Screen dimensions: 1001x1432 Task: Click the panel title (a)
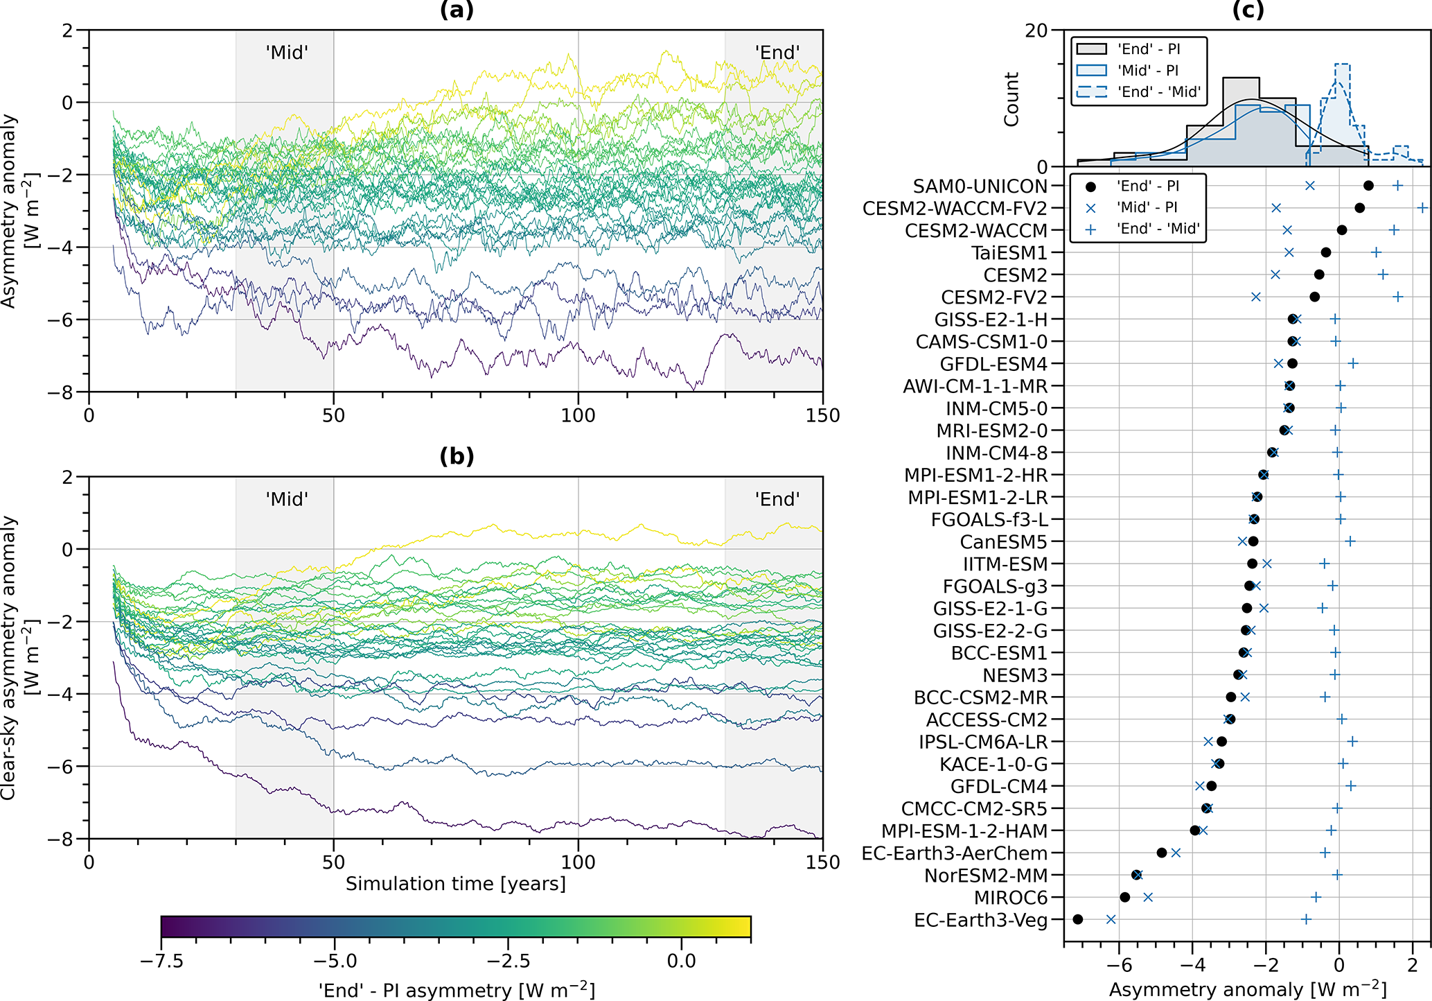click(457, 10)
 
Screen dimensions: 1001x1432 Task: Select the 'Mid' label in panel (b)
click(287, 499)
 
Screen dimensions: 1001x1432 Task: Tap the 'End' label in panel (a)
click(777, 53)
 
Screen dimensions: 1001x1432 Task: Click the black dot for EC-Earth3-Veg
click(1077, 919)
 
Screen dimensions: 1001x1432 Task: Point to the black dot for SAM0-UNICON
click(1368, 186)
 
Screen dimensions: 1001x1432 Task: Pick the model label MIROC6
click(1011, 898)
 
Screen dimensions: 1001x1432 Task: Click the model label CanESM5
click(1003, 541)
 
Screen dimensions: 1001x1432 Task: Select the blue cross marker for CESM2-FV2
click(1256, 297)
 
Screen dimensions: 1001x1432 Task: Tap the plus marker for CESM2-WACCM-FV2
click(1422, 208)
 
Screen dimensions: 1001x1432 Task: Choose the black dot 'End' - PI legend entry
click(1135, 186)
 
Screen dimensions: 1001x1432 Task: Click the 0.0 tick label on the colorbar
click(681, 961)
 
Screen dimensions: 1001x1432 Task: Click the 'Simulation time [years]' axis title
click(456, 884)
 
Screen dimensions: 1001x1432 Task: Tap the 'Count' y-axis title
click(1012, 98)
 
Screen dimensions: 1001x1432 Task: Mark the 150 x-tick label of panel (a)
click(822, 415)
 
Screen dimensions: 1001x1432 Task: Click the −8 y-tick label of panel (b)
click(60, 839)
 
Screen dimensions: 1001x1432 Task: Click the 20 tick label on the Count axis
click(1037, 31)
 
